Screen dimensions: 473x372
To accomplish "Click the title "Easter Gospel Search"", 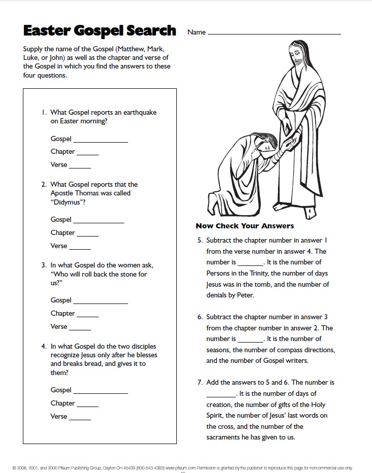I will pyautogui.click(x=100, y=31).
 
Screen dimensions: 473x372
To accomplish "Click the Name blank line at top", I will pyautogui.click(x=274, y=33).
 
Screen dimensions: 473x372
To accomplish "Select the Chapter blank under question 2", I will pyautogui.click(x=87, y=235).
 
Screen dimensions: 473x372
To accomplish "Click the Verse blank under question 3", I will pyautogui.click(x=80, y=329).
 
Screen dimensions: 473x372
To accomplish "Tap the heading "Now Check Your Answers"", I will pyautogui.click(x=244, y=226).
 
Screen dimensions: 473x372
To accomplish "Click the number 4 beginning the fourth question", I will pyautogui.click(x=44, y=347).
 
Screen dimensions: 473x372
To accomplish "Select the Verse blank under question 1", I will pyautogui.click(x=80, y=167).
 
